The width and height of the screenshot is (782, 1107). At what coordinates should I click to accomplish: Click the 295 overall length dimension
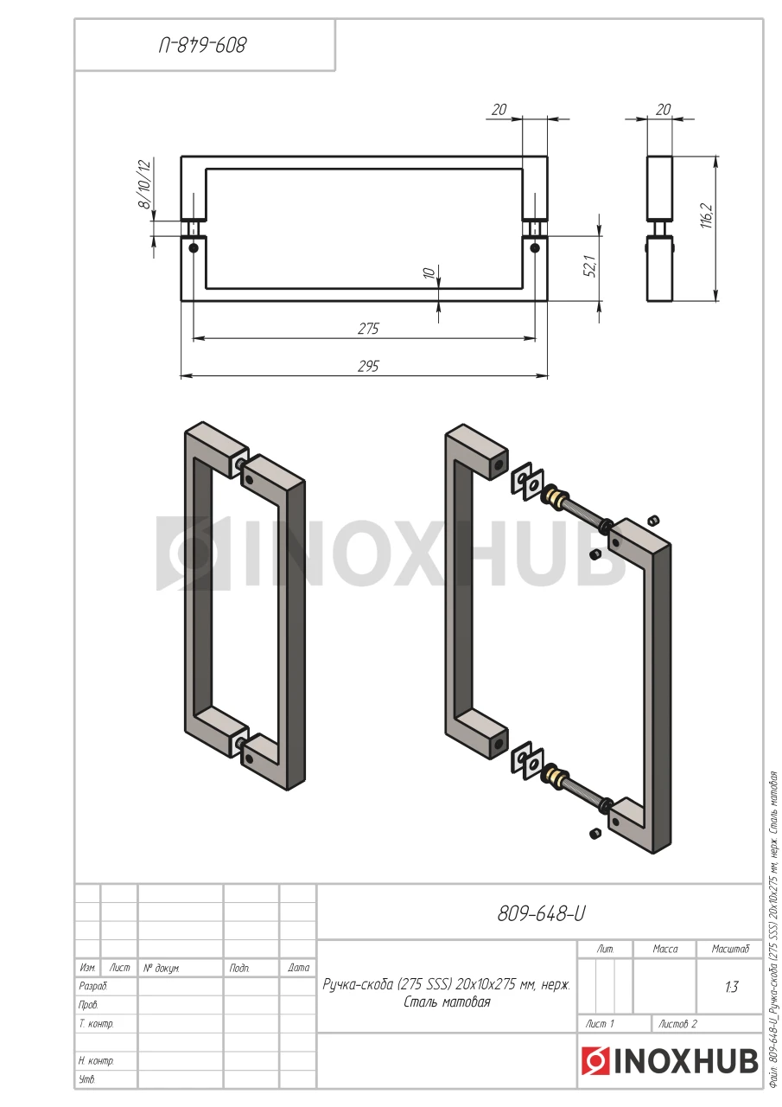[368, 366]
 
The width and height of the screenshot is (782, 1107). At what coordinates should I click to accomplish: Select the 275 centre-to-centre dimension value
[368, 329]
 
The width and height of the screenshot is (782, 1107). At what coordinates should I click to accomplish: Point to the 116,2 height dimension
[707, 215]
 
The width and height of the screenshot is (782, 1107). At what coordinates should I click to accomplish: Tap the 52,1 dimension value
[592, 266]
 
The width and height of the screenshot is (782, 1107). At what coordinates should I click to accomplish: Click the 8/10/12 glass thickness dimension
[146, 184]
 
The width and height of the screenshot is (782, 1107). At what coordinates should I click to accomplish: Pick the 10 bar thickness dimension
[429, 272]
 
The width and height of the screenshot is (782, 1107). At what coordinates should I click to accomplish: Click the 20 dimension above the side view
[663, 110]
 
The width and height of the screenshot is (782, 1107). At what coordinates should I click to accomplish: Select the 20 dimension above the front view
[499, 110]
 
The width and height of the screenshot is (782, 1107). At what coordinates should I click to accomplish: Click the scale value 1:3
[732, 987]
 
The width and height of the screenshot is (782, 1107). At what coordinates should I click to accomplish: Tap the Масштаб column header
[730, 949]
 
